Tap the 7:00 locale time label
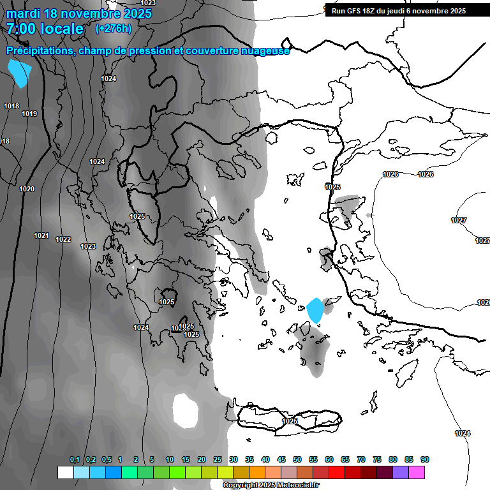tap(45, 29)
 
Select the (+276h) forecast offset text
tap(114, 28)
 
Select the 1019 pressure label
tap(29, 114)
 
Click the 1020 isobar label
tap(27, 189)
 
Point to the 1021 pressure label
tap(41, 235)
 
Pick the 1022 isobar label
tap(63, 240)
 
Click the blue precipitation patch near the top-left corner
tap(20, 73)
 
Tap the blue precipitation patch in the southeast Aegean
tap(315, 311)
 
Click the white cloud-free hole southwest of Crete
tap(186, 410)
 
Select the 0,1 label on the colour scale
tap(75, 460)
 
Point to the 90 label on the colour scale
tap(425, 460)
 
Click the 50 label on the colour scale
tap(297, 460)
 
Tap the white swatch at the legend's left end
tap(65, 472)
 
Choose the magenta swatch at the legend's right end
tap(417, 472)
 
